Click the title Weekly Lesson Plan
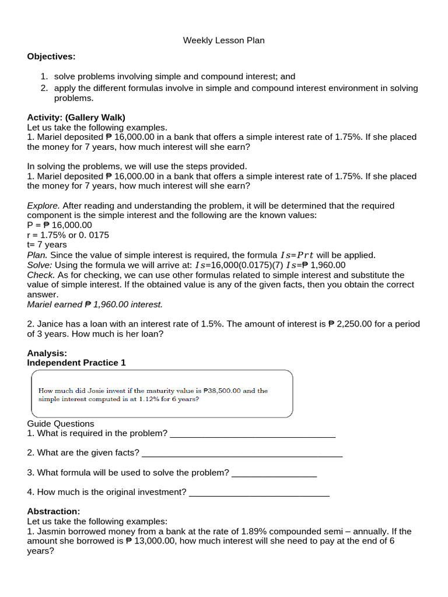click(x=224, y=40)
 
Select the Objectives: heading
click(x=51, y=56)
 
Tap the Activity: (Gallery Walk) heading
click(x=76, y=117)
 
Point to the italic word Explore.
click(x=43, y=206)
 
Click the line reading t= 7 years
click(x=47, y=245)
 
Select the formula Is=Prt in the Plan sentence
click(x=297, y=255)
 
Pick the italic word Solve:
click(x=40, y=265)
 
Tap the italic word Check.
click(x=41, y=275)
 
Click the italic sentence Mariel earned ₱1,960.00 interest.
click(x=95, y=304)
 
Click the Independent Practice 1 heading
click(x=76, y=363)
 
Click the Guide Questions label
click(x=61, y=423)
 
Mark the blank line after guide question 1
click(x=252, y=434)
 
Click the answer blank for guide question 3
click(x=274, y=473)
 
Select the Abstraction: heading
click(x=54, y=511)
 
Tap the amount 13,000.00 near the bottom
click(x=156, y=541)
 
